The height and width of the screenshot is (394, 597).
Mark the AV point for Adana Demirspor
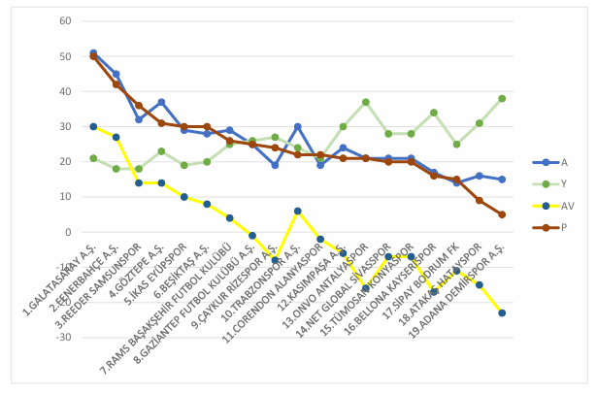click(x=502, y=312)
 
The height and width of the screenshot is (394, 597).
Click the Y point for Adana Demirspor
click(x=502, y=99)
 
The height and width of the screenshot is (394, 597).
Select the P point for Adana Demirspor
click(x=502, y=214)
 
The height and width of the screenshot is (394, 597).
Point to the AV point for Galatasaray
click(x=93, y=127)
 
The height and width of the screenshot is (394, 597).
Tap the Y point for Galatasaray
click(x=93, y=158)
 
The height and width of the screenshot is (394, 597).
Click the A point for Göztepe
click(x=161, y=102)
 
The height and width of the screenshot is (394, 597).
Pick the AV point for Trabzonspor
click(x=298, y=211)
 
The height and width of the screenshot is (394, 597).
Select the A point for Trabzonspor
click(x=298, y=127)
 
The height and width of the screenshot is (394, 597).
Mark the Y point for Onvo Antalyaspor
click(x=366, y=102)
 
